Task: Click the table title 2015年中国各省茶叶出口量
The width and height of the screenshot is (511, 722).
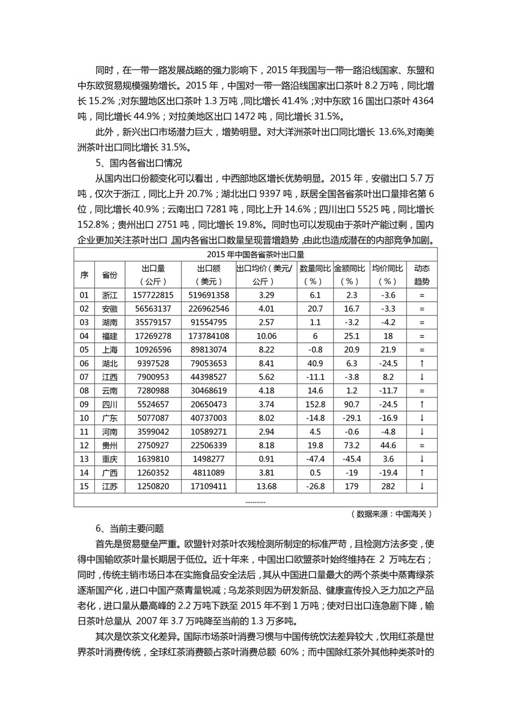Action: [x=255, y=254]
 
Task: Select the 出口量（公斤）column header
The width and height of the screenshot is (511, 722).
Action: [x=153, y=274]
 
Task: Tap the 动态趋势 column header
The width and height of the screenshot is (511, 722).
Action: [x=421, y=274]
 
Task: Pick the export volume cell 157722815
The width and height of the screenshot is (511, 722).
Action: [x=153, y=295]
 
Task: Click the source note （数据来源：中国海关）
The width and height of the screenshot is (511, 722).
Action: [x=390, y=514]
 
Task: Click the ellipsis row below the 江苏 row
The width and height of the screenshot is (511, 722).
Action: [x=255, y=500]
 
